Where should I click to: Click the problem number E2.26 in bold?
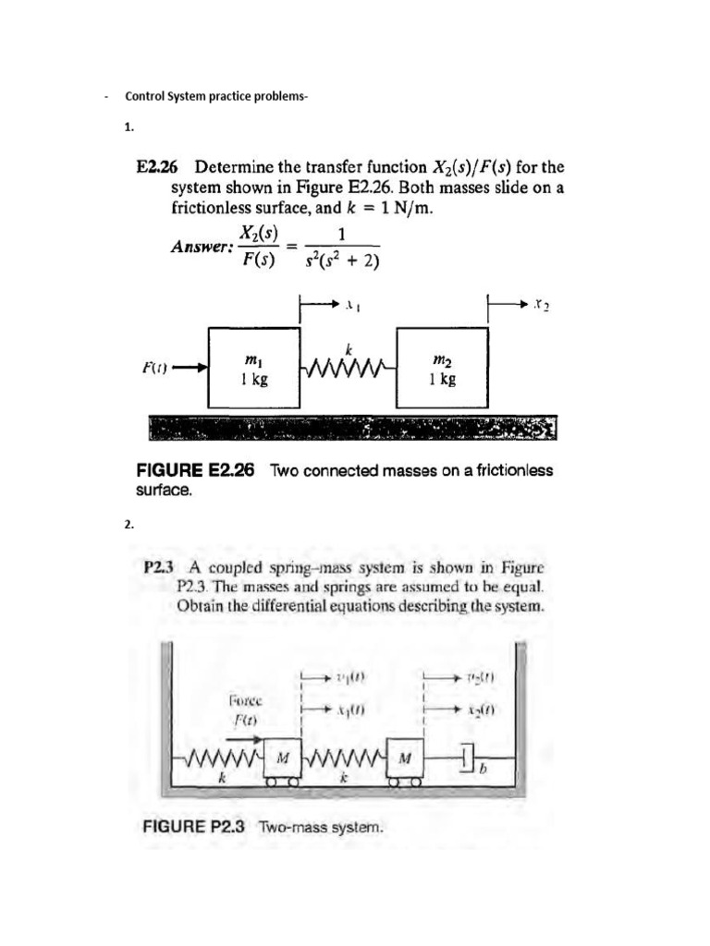(157, 168)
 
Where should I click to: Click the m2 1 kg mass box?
(442, 367)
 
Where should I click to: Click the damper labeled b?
(465, 761)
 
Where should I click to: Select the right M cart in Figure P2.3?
(404, 758)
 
